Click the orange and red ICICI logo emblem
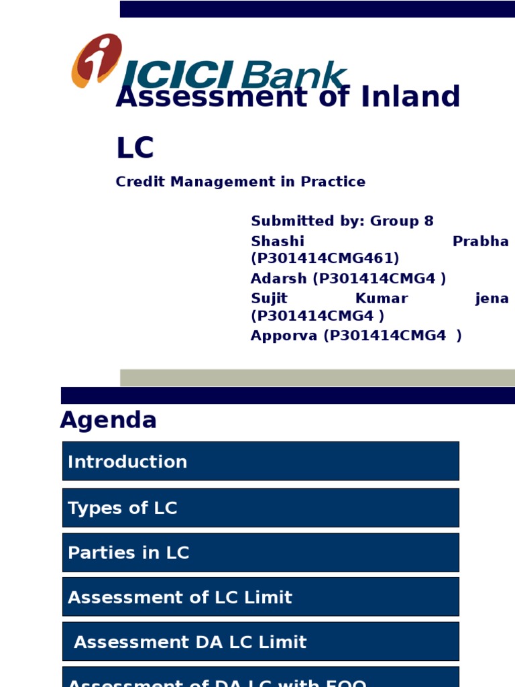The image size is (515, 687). pos(97,60)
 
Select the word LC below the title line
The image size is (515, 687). pos(135,148)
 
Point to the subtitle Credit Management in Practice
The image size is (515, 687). pos(240,182)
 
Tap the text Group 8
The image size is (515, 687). pos(402,221)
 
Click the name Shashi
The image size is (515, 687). pos(277,242)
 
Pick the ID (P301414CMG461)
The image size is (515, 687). pos(325,258)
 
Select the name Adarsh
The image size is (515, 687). pos(279,278)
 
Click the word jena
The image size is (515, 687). pos(492,299)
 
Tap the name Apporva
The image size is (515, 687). pos(284,336)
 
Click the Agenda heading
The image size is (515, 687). pos(108,421)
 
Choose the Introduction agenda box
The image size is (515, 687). pos(260,461)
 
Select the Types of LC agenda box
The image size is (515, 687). pos(260,508)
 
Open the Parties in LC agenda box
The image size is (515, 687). pos(260,553)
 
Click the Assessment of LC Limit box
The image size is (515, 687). pos(260,597)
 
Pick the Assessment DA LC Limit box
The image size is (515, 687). pos(260,641)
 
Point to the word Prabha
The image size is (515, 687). pos(480,242)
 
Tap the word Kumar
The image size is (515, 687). pos(381,299)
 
